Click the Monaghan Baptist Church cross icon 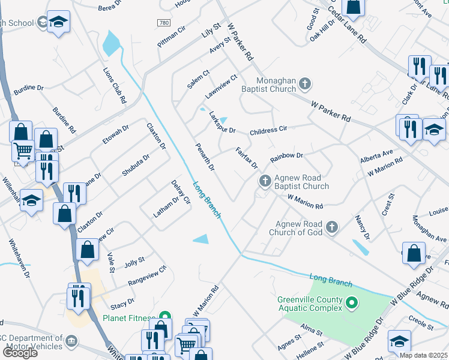305,84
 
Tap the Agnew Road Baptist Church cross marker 265,181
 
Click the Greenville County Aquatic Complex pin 352,304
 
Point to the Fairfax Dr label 246,158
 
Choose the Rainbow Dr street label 287,157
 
